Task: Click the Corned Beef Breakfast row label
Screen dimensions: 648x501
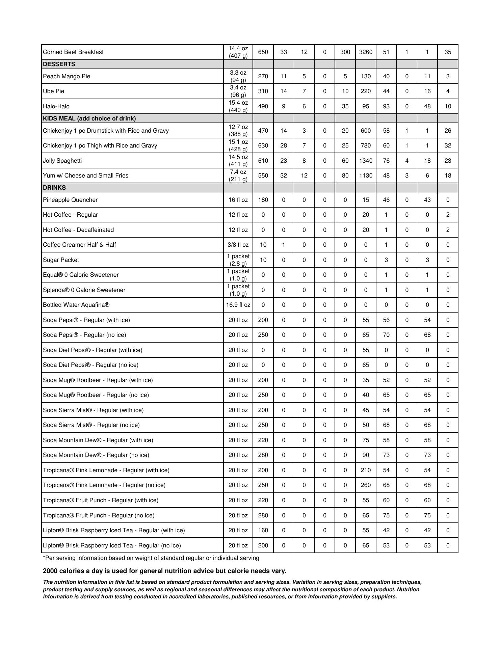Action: pos(73,52)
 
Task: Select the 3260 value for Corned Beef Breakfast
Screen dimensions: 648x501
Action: pos(366,52)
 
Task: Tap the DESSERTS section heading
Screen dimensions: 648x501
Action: pos(59,64)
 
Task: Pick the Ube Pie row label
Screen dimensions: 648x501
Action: pos(53,91)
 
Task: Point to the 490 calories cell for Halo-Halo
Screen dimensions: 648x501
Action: pos(263,106)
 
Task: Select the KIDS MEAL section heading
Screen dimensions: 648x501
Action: pos(89,118)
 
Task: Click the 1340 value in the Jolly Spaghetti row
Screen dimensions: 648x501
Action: pos(366,161)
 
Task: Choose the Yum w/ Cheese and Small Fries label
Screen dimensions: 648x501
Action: pos(86,175)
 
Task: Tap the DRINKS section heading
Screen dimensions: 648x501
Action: pos(54,188)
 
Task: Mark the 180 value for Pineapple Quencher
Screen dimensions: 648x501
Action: pos(263,200)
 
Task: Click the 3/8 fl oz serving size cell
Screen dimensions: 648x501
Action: pos(238,245)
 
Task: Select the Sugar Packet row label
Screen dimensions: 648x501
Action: pos(61,260)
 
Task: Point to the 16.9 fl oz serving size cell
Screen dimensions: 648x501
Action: pos(238,305)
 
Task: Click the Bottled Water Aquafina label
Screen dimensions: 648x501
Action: pos(76,305)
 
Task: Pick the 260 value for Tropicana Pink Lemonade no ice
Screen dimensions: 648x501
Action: pos(366,485)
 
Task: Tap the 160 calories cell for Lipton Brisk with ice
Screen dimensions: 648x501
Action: pos(263,530)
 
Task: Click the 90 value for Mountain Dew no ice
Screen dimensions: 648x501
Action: pos(366,455)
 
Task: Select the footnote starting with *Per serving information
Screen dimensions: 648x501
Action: pos(151,558)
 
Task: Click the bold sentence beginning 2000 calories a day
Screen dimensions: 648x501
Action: pos(164,571)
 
